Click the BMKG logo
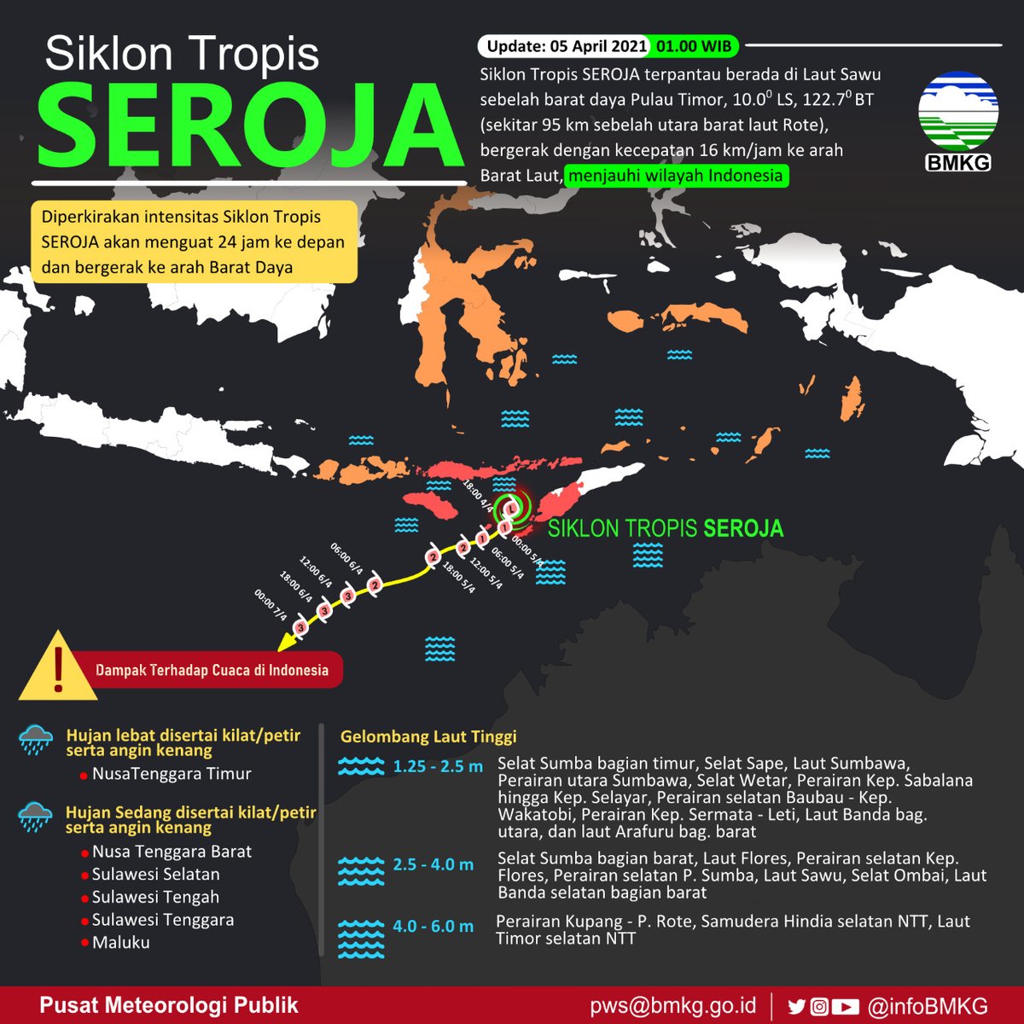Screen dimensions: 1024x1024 [958, 119]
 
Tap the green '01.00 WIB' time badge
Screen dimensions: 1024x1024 [695, 46]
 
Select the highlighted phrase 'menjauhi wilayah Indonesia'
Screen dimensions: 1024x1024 [676, 176]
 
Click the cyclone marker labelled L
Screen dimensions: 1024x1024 [511, 509]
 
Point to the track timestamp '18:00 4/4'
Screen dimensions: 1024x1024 [477, 495]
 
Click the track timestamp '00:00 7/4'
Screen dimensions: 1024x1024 [271, 604]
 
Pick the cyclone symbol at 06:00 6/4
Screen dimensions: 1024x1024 [374, 585]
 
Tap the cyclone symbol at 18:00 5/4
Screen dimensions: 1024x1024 [433, 558]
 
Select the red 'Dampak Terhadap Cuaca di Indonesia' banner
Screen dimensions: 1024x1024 [212, 670]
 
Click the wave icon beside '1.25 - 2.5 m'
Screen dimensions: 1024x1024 [361, 766]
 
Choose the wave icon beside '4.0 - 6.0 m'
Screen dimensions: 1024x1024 [361, 938]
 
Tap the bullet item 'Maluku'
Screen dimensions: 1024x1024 [120, 943]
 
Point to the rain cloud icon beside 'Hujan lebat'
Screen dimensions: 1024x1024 [36, 740]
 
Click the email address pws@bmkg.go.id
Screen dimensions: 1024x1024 [672, 1005]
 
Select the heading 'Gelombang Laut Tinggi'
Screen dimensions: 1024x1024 [428, 736]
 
